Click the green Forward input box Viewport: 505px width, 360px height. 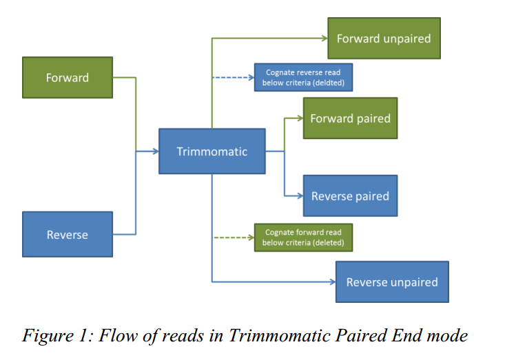click(68, 78)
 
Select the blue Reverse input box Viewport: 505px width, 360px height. click(68, 235)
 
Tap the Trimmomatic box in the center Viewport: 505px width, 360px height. click(212, 151)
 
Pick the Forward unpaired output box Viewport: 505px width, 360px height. click(383, 39)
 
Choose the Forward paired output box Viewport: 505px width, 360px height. click(350, 118)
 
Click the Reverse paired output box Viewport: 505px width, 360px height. click(350, 196)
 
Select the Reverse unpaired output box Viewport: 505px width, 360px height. click(391, 282)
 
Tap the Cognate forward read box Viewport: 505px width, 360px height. click(302, 238)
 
